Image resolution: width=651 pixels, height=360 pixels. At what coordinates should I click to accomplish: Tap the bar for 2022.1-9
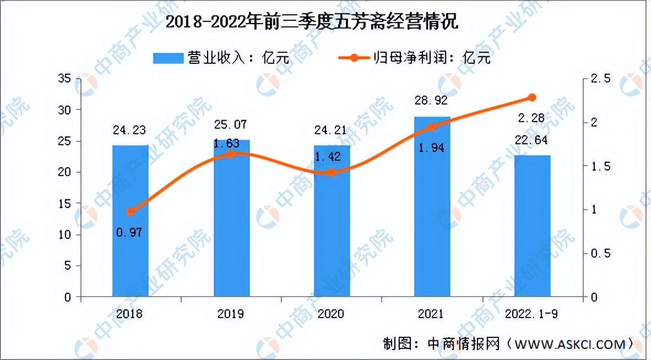click(532, 226)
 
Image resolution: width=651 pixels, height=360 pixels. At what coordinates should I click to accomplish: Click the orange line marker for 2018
click(131, 212)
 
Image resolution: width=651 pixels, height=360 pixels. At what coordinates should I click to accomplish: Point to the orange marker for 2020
click(332, 172)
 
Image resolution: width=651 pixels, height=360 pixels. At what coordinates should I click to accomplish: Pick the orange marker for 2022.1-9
click(532, 97)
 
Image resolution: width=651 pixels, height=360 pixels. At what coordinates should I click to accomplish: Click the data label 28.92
click(432, 101)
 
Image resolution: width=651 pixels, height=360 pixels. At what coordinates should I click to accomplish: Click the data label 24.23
click(131, 131)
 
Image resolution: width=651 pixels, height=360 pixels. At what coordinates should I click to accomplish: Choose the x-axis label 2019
click(230, 314)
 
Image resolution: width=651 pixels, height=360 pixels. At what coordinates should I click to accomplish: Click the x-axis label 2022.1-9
click(532, 314)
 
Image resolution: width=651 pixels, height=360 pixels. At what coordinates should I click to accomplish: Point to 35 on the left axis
click(65, 79)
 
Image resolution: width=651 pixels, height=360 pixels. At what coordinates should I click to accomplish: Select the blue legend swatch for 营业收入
click(167, 58)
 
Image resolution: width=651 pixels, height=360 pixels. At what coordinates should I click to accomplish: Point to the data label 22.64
click(532, 140)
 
